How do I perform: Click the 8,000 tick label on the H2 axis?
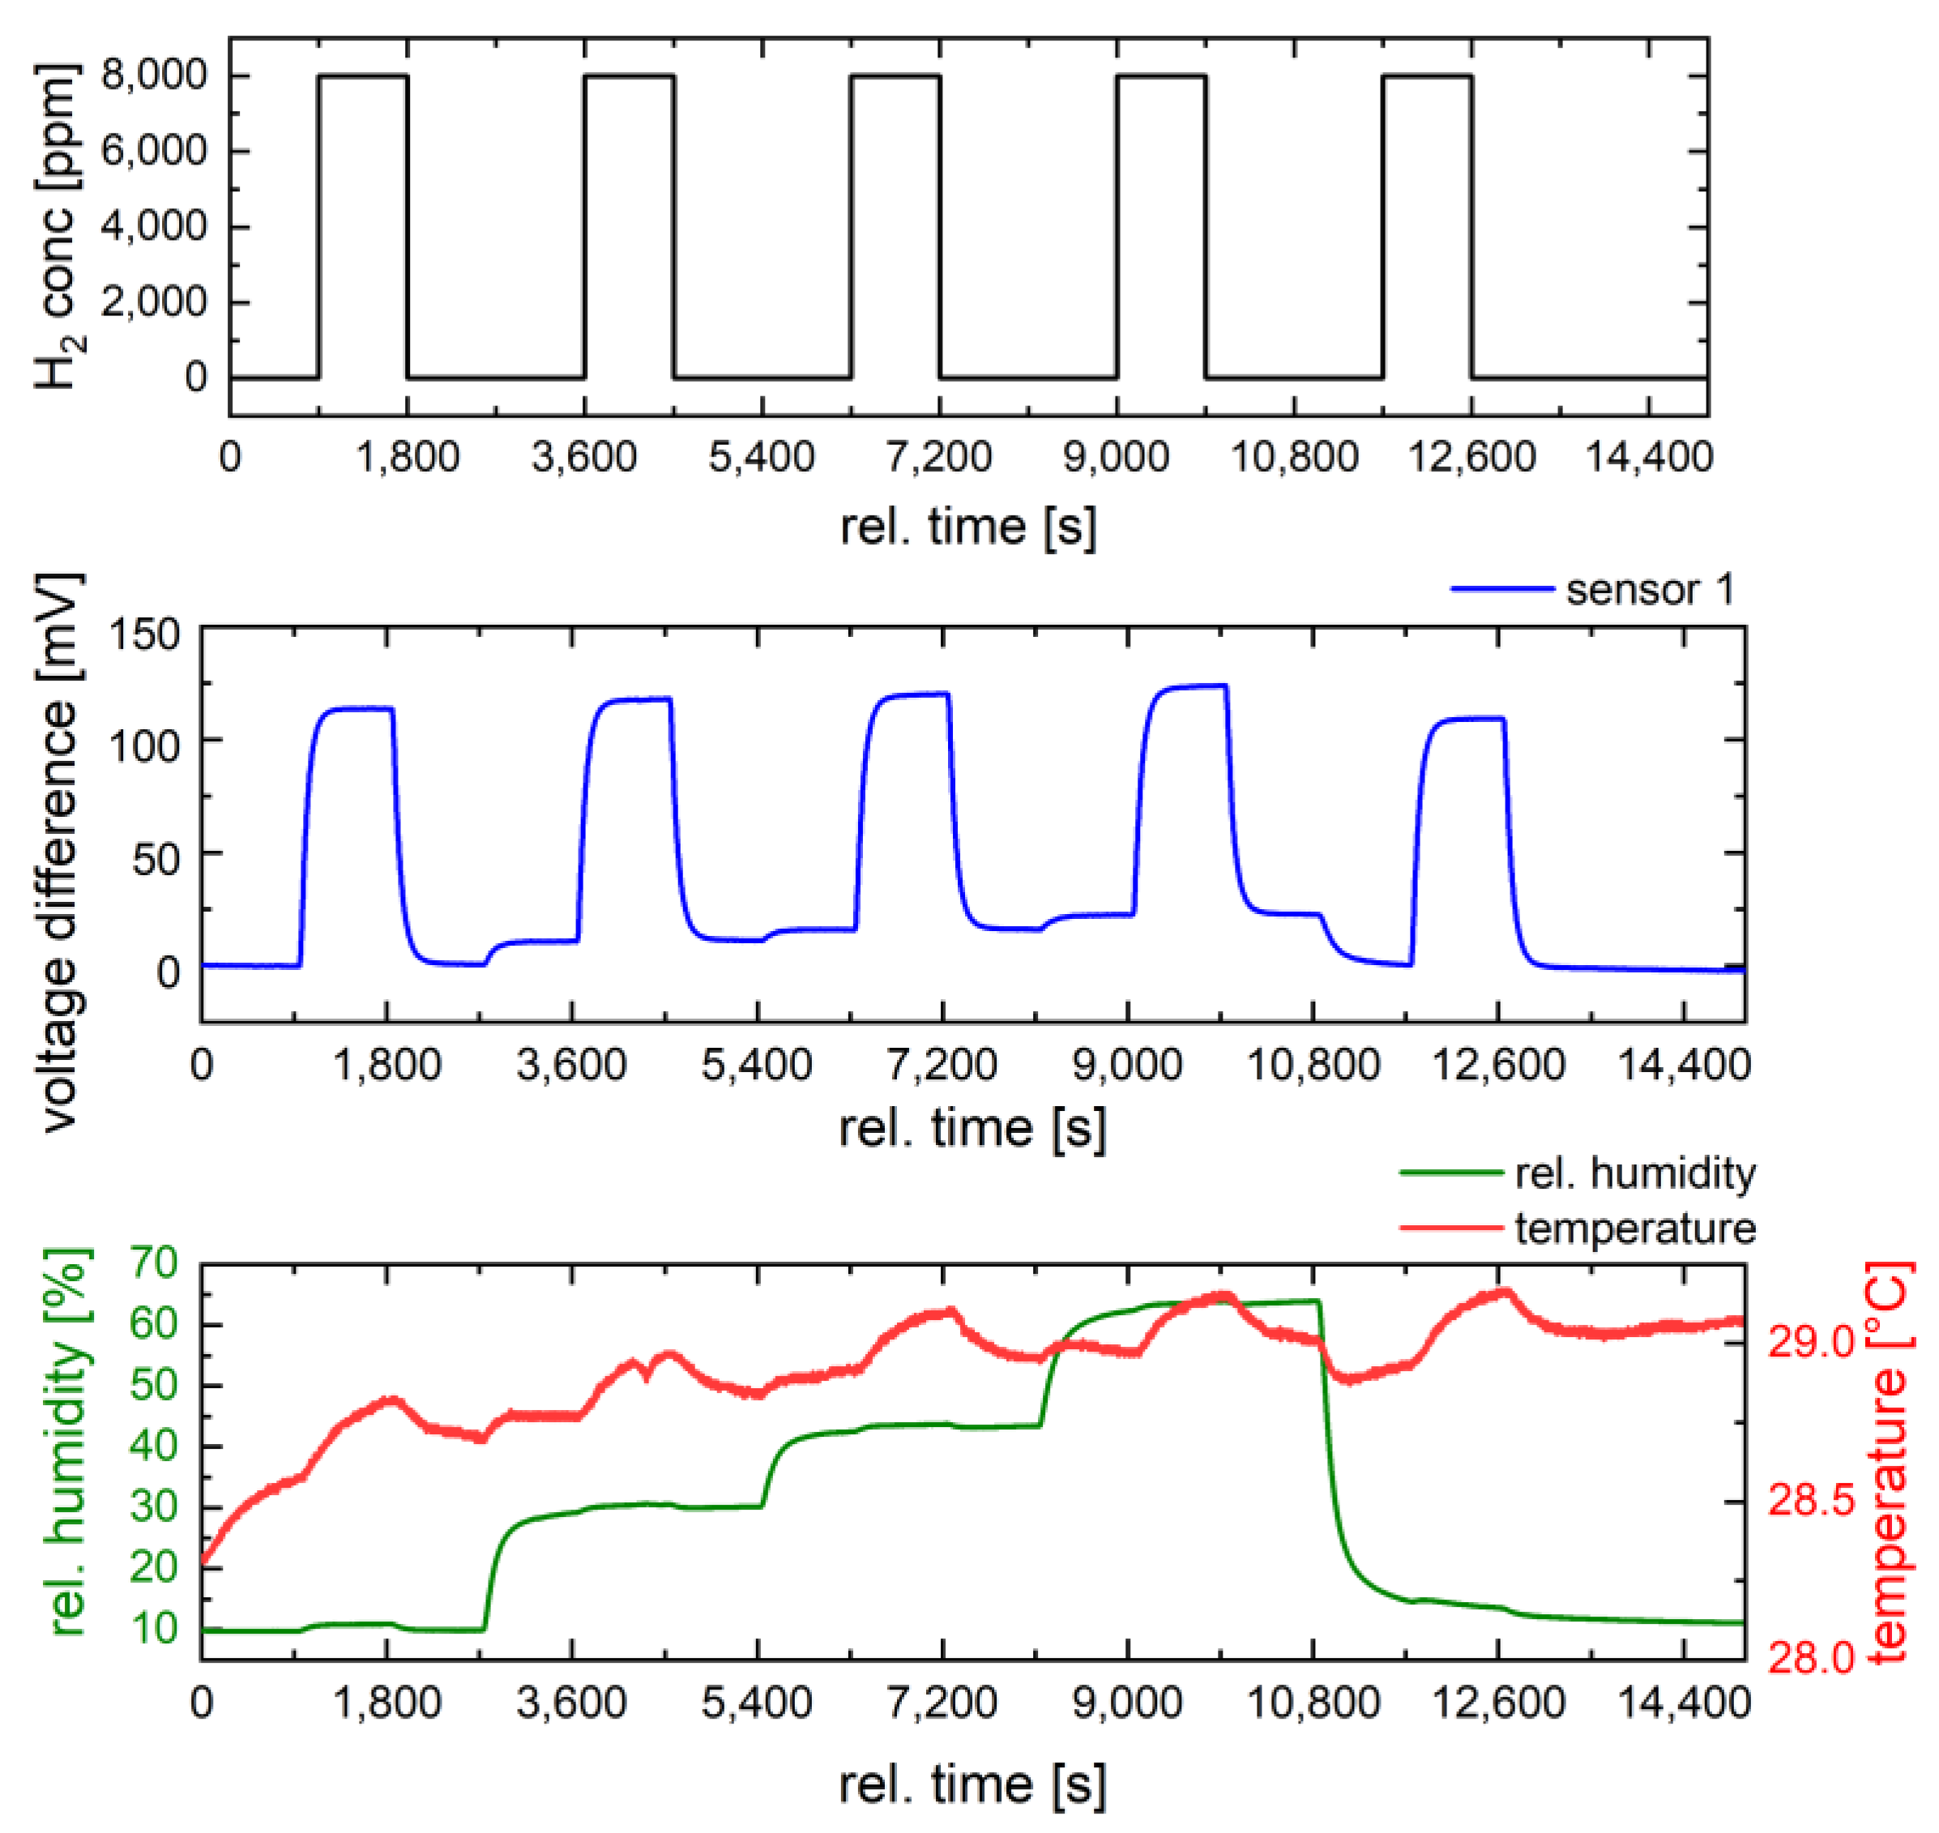tap(153, 75)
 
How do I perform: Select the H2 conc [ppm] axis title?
tap(58, 228)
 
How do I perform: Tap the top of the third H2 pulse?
tap(895, 75)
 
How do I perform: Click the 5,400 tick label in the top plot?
tap(761, 457)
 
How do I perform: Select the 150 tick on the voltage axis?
tap(143, 634)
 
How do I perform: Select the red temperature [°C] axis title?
tap(1890, 1462)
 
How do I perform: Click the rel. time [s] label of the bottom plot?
tap(972, 1785)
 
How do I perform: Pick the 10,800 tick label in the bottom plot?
tap(1313, 1703)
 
